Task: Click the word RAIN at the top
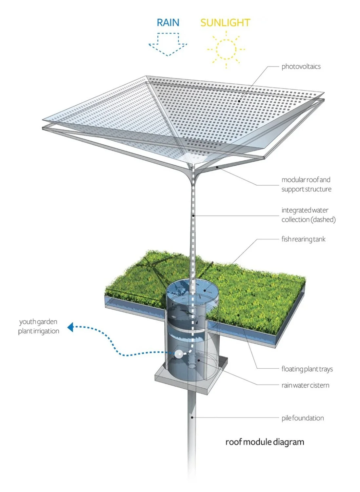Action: click(x=168, y=23)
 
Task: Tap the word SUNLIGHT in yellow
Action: click(x=225, y=23)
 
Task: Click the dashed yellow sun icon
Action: click(x=226, y=49)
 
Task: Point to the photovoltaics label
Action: click(x=301, y=67)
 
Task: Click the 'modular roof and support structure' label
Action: click(x=306, y=184)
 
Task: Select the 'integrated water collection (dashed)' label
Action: click(x=308, y=215)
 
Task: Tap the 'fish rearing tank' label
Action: click(x=303, y=239)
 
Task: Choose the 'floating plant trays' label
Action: click(x=307, y=369)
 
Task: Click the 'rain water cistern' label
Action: click(x=305, y=385)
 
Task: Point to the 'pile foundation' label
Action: click(x=303, y=418)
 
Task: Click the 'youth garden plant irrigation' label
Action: click(x=39, y=326)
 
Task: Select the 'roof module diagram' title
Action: click(x=265, y=442)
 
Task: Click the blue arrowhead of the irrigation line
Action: click(x=70, y=327)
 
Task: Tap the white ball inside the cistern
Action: click(x=179, y=354)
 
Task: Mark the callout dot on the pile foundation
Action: click(x=192, y=417)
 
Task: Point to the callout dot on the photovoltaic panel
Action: click(x=239, y=101)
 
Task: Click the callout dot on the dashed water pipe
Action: click(x=194, y=215)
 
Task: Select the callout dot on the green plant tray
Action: click(x=239, y=315)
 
